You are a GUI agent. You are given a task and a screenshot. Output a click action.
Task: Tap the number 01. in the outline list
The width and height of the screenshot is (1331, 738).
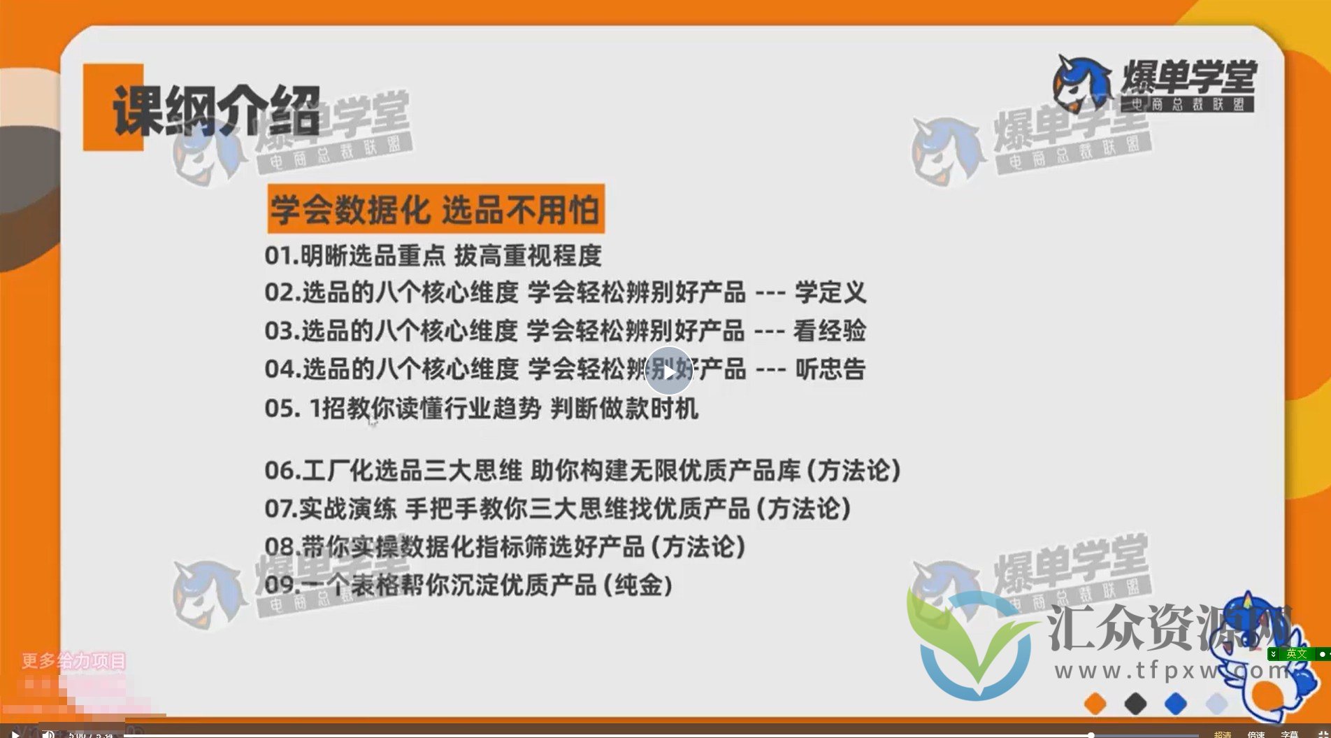point(282,256)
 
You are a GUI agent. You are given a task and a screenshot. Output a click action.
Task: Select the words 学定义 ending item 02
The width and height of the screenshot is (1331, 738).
point(830,292)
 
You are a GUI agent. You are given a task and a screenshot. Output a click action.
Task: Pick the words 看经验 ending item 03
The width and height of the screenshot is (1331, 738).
point(830,331)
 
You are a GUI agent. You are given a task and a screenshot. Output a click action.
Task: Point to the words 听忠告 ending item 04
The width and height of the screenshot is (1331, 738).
point(830,369)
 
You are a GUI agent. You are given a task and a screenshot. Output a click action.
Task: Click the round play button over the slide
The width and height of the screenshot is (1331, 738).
point(668,371)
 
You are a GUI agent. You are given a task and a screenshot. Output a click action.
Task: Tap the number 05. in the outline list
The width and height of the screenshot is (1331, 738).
point(282,409)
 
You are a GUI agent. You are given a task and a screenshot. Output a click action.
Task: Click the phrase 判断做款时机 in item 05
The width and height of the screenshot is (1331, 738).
point(624,409)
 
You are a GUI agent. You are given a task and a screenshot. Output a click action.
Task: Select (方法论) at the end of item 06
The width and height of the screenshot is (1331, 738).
point(854,471)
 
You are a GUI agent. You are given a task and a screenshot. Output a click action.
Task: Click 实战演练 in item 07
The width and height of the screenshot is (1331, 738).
point(347,509)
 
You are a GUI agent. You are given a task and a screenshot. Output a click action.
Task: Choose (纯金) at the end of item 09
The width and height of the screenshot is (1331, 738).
point(638,586)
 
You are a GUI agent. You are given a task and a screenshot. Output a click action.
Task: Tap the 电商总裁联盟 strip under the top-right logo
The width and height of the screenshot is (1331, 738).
point(1188,105)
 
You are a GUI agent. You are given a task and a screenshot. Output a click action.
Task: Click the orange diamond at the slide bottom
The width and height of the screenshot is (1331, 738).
point(1095,703)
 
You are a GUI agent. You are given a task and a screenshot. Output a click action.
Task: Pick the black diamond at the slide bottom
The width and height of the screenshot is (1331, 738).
point(1135,703)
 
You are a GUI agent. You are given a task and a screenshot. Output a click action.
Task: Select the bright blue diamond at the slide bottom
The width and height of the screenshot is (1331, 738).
point(1176,703)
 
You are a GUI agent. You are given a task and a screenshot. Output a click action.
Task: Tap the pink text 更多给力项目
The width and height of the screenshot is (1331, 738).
point(73,660)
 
